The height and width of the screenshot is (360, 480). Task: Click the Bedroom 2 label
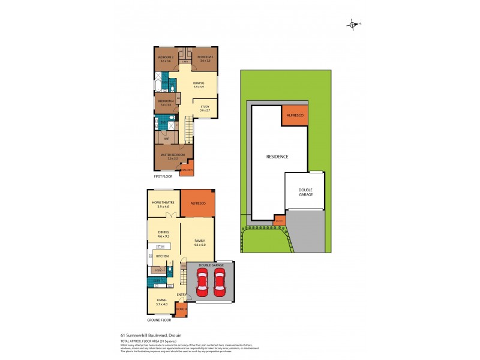coord(166,58)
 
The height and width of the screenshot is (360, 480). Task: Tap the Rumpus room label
coord(199,83)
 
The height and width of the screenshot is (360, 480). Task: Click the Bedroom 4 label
coord(166,101)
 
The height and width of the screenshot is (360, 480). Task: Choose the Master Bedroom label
coord(171,155)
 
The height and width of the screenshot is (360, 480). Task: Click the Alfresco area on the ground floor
coord(198,204)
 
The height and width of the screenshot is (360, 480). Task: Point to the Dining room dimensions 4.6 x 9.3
coord(164,237)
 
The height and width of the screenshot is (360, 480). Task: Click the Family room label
coord(199,241)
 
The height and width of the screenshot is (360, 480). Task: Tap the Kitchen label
coord(163,256)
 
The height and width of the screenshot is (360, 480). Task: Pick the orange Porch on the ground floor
coord(181,310)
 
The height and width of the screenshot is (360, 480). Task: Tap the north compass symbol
coord(353,25)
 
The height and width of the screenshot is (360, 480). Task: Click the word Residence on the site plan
coord(278,157)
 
